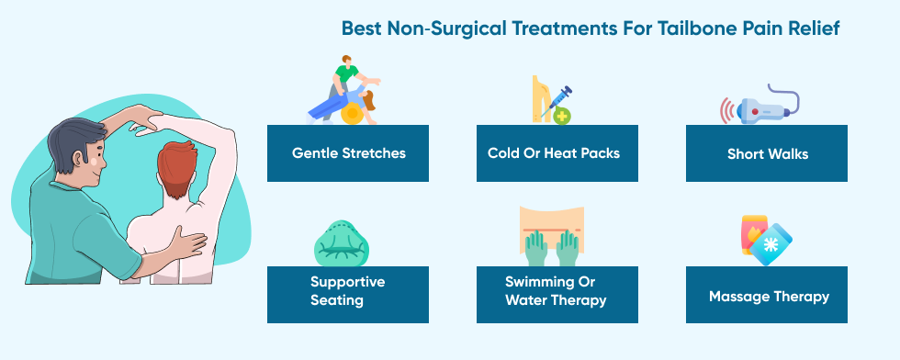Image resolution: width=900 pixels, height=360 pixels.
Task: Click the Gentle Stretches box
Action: [x=348, y=153]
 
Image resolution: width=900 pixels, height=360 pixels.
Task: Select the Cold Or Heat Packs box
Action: [x=557, y=153]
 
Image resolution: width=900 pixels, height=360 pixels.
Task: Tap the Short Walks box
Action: [x=767, y=153]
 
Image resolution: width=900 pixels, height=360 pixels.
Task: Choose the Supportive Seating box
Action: [x=348, y=295]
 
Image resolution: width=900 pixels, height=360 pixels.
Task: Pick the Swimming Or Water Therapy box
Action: [x=557, y=295]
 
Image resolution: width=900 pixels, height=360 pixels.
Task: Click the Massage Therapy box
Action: [x=767, y=295]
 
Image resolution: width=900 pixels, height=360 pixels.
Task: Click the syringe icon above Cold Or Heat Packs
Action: [x=557, y=101]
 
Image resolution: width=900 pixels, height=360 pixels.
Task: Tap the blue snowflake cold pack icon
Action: [x=771, y=244]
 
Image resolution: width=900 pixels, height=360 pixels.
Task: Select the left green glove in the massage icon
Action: [x=536, y=248]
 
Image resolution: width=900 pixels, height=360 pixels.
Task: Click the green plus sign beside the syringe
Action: [x=561, y=117]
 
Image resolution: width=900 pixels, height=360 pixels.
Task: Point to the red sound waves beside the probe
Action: [x=727, y=110]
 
